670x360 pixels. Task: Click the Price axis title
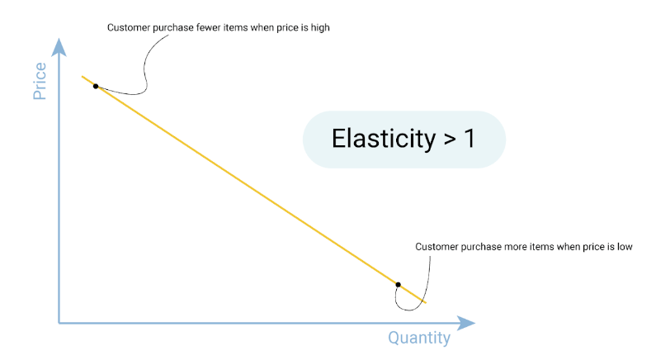(40, 81)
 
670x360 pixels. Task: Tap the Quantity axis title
(419, 338)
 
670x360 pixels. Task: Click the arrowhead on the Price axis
(59, 47)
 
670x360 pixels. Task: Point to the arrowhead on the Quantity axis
(465, 323)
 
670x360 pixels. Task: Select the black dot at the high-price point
(96, 87)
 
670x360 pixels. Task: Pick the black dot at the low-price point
(398, 285)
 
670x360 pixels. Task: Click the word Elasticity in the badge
(384, 139)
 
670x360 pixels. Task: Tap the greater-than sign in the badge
(450, 140)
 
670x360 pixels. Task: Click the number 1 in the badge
(469, 139)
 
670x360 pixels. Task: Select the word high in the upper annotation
(320, 28)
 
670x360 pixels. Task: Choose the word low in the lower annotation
(625, 247)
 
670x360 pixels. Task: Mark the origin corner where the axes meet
(59, 323)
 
